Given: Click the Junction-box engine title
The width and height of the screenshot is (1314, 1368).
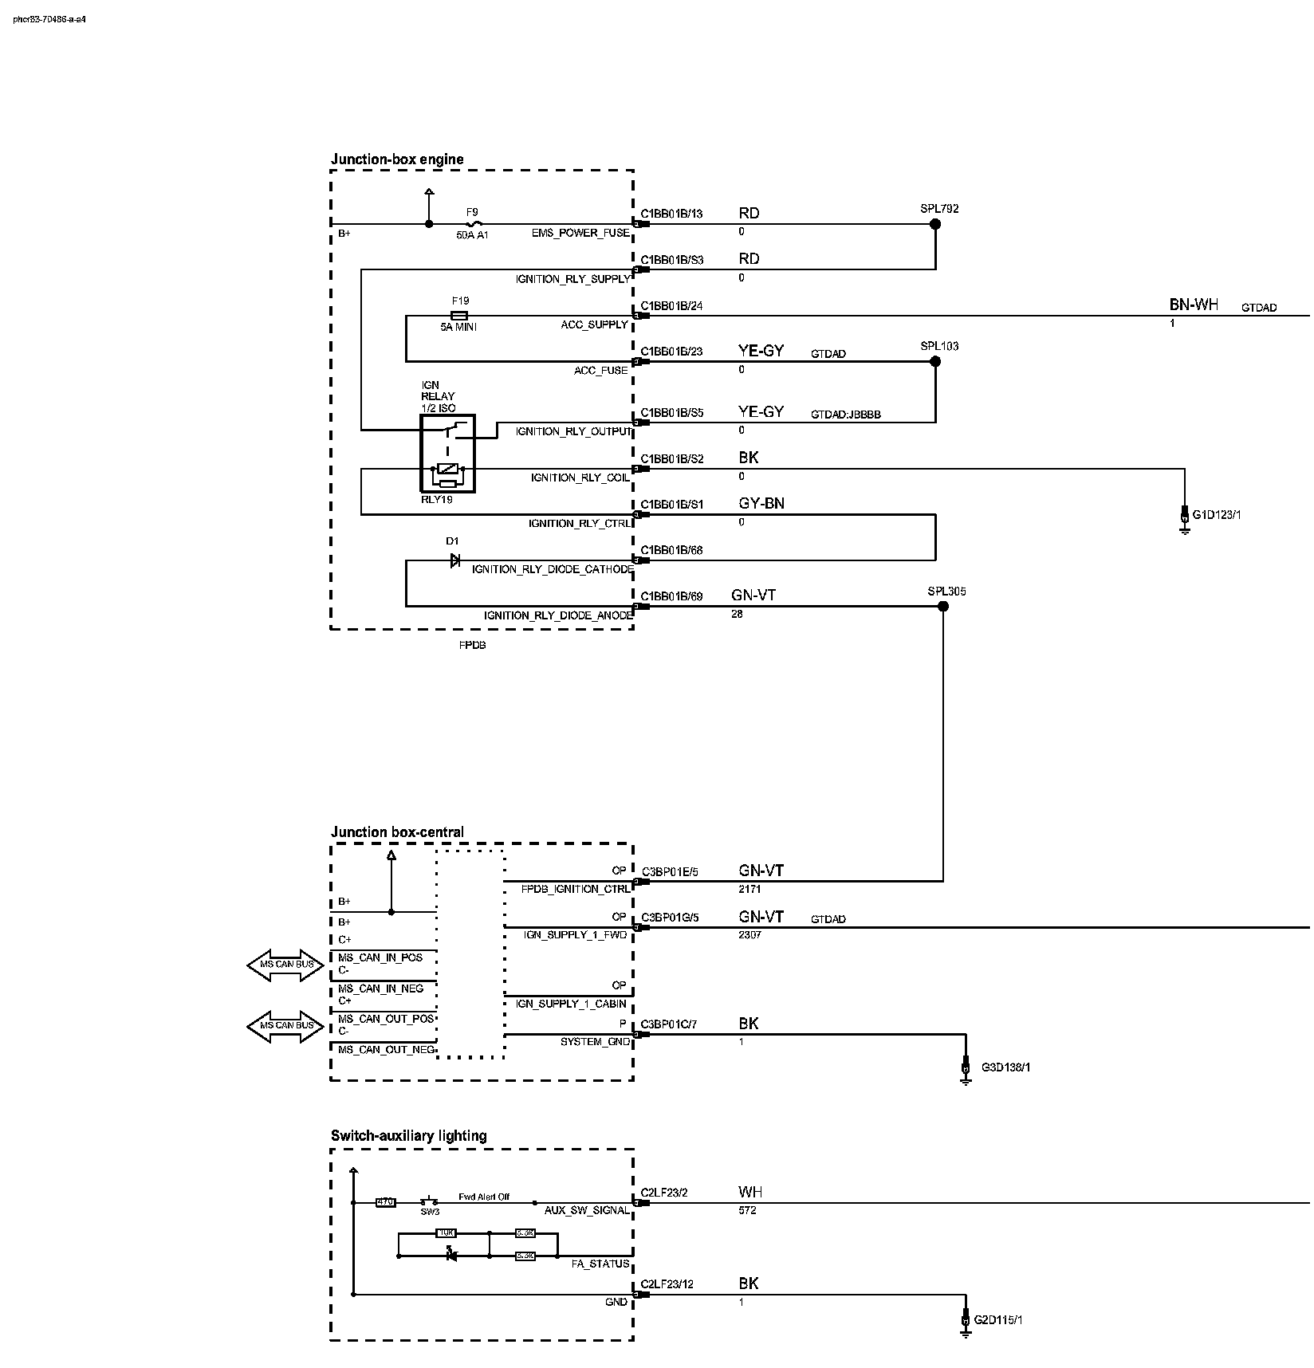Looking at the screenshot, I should point(397,159).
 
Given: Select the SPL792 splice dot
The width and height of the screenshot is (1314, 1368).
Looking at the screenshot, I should point(935,224).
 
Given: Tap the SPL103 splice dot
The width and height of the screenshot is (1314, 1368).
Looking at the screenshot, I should point(935,361).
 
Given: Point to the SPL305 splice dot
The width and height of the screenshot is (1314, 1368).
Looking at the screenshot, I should point(943,607).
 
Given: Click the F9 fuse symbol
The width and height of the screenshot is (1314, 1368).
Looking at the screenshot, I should point(472,224).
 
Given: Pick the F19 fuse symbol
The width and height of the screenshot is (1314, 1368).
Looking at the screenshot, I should point(459,316).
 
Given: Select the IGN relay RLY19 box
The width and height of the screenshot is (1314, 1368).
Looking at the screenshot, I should point(447,453).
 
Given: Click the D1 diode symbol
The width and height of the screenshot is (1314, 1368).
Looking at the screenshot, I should point(454,560).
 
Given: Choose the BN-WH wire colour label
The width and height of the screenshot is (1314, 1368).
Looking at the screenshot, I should point(1194,305).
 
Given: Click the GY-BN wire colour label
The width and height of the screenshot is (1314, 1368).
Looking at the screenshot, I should point(761,504).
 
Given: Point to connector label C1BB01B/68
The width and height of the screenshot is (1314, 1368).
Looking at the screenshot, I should point(671,550).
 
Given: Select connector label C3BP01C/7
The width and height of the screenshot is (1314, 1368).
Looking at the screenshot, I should point(669,1024).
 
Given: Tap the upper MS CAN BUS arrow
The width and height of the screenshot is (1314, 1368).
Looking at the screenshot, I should point(285,965).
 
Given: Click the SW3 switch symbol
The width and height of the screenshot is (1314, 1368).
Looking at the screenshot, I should point(430,1202).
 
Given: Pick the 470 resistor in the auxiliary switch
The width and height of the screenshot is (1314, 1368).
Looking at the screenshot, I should point(385,1202).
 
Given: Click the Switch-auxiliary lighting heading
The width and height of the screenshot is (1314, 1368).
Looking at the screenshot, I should point(408,1136).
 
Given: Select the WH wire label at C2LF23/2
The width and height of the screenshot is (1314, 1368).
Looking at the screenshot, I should point(749,1193).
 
